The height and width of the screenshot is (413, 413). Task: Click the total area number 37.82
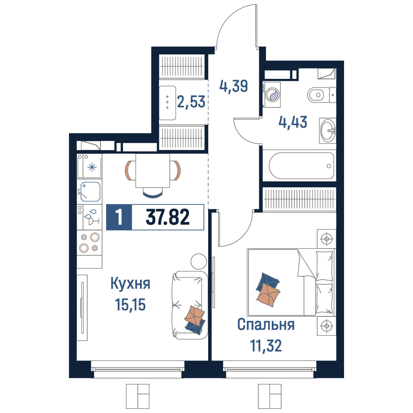(168, 217)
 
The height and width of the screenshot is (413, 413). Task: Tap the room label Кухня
(130, 283)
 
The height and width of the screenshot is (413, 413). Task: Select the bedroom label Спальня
(266, 325)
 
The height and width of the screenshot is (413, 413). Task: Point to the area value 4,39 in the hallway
(234, 86)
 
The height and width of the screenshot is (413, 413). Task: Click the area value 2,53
(191, 102)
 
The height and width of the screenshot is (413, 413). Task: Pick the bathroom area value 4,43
(293, 122)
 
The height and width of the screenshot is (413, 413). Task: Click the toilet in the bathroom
(321, 95)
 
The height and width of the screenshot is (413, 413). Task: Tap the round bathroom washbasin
(328, 130)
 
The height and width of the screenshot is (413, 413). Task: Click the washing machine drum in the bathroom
(273, 94)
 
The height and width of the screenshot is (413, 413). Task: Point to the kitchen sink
(90, 192)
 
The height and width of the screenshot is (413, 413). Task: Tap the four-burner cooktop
(89, 242)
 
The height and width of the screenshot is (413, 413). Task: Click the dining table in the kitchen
(153, 171)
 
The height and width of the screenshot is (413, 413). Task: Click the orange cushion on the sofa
(195, 315)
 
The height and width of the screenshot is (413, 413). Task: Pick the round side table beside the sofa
(199, 261)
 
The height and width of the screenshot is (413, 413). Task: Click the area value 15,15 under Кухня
(130, 305)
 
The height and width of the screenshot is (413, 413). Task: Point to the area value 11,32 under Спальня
(266, 346)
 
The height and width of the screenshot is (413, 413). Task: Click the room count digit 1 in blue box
(119, 217)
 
